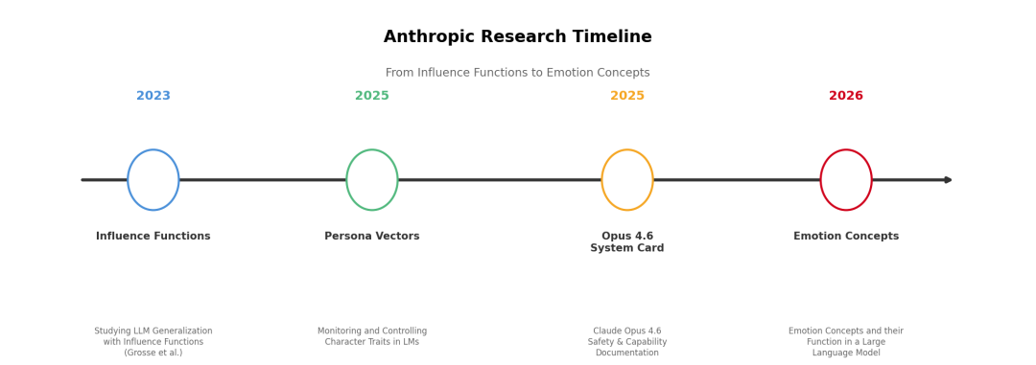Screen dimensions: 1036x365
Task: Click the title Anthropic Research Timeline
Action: pyautogui.click(x=517, y=37)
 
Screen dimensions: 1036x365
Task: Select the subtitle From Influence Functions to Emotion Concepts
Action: pyautogui.click(x=517, y=73)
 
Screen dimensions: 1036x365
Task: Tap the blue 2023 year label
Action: pyautogui.click(x=153, y=96)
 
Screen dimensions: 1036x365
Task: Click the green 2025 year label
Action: pyautogui.click(x=372, y=96)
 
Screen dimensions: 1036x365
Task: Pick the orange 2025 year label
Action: pyautogui.click(x=627, y=96)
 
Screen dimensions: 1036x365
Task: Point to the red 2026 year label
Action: pyautogui.click(x=846, y=96)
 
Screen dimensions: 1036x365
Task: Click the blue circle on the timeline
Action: pyautogui.click(x=129, y=179)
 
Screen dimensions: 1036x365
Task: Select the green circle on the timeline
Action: pyautogui.click(x=347, y=179)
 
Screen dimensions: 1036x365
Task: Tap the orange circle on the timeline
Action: pyautogui.click(x=601, y=179)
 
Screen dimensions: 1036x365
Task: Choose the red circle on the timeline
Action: pyautogui.click(x=820, y=179)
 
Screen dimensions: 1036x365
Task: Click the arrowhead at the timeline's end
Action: pyautogui.click(x=948, y=179)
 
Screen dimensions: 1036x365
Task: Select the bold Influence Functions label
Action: pyautogui.click(x=153, y=237)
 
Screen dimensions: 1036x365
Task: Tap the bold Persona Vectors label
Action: pyautogui.click(x=372, y=237)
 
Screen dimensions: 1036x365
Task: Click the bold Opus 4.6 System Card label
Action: pyautogui.click(x=627, y=242)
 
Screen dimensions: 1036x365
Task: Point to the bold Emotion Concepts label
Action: pyautogui.click(x=846, y=237)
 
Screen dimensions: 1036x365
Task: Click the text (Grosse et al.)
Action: pyautogui.click(x=153, y=354)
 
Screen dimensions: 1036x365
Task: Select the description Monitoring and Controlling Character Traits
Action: pyautogui.click(x=372, y=336)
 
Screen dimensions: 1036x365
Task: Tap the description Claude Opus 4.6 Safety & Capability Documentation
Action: pyautogui.click(x=627, y=342)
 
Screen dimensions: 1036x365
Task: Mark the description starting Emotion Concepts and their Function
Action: pyautogui.click(x=846, y=342)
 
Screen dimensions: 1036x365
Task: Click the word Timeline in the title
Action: pyautogui.click(x=614, y=37)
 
